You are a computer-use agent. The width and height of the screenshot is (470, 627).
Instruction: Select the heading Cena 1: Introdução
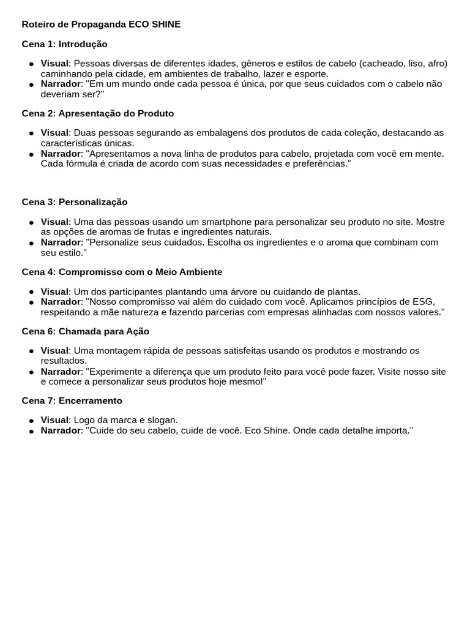[64, 44]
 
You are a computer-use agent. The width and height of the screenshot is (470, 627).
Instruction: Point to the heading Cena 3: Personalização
[75, 202]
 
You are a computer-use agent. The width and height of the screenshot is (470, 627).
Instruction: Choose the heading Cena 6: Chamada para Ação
[85, 331]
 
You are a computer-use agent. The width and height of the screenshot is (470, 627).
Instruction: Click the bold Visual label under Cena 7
[54, 420]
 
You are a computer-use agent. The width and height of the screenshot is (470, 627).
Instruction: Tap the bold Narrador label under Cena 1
[61, 84]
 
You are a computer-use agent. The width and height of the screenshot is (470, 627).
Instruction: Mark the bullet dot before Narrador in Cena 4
[31, 302]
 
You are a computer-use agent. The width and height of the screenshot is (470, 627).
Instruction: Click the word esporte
[308, 73]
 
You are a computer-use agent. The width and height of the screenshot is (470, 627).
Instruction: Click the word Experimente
[115, 372]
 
